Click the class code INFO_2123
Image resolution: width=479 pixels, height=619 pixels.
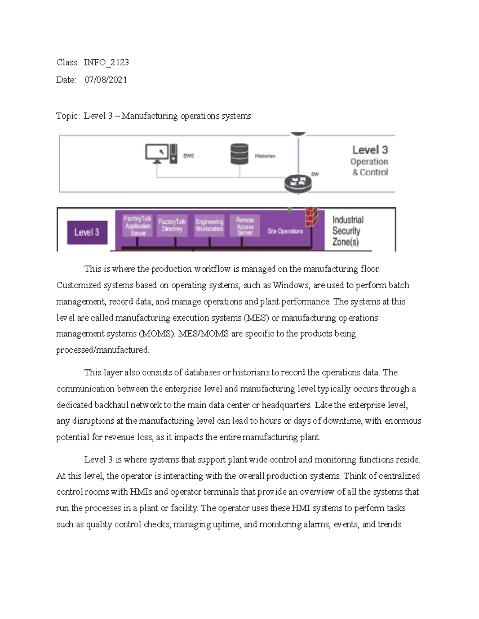[x=106, y=62]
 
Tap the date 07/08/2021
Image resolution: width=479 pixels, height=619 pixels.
[x=106, y=80]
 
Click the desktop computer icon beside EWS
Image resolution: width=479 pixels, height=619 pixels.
[x=161, y=154]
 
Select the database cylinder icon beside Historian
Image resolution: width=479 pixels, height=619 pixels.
[x=239, y=154]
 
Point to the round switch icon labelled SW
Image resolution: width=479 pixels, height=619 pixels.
[x=298, y=183]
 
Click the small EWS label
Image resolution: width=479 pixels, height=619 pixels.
[x=188, y=156]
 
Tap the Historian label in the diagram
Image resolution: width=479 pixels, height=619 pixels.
[x=265, y=156]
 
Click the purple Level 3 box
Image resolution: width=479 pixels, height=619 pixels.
[x=87, y=232]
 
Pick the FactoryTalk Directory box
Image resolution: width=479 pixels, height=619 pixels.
[x=172, y=225]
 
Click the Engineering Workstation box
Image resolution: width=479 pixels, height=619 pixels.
[x=210, y=225]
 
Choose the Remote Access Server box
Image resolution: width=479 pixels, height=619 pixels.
[x=245, y=226]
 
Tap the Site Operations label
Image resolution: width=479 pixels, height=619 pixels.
[x=285, y=231]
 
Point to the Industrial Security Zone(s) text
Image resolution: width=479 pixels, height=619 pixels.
[x=346, y=231]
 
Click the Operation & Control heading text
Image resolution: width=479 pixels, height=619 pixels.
[x=370, y=167]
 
